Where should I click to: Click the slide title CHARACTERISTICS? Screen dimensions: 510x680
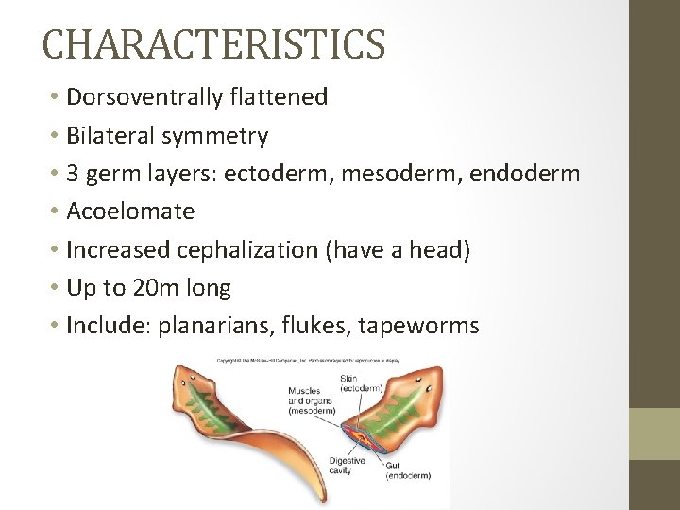(x=213, y=43)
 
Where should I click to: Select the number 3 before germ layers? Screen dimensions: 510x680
(x=74, y=174)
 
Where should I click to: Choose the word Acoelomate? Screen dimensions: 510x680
(x=130, y=212)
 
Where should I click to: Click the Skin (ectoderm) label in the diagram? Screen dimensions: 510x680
(x=360, y=383)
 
